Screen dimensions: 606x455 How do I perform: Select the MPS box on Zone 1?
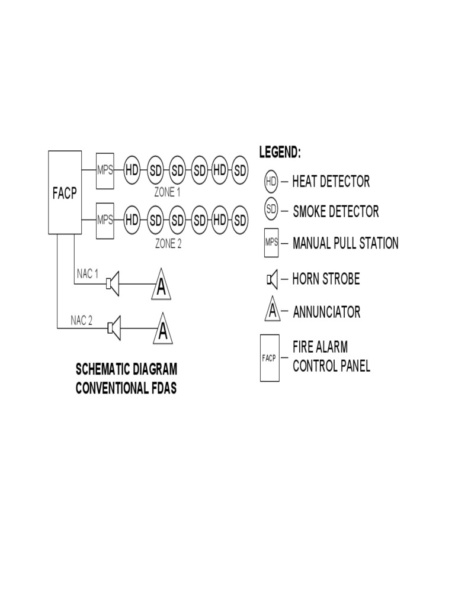point(105,170)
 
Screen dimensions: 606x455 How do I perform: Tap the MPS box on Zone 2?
point(105,220)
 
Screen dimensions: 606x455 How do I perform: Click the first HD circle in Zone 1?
point(132,170)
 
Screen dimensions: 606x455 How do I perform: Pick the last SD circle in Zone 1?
point(240,170)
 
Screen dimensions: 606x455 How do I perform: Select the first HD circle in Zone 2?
point(132,220)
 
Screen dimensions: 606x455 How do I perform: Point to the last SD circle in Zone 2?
point(240,220)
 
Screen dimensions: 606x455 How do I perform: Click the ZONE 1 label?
point(168,192)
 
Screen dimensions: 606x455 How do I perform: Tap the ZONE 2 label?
point(168,243)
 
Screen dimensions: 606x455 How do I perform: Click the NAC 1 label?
point(88,273)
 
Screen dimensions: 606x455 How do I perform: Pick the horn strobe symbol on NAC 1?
point(113,283)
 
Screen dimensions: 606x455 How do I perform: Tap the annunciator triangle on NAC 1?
point(161,285)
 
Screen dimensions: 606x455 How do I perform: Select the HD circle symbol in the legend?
point(271,181)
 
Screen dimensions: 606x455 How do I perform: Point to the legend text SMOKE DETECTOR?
point(335,211)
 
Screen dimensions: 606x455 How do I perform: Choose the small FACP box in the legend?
point(270,359)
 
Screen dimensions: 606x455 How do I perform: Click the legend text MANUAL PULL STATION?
point(345,243)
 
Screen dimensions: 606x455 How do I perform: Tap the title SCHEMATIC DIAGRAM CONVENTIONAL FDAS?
point(126,379)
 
